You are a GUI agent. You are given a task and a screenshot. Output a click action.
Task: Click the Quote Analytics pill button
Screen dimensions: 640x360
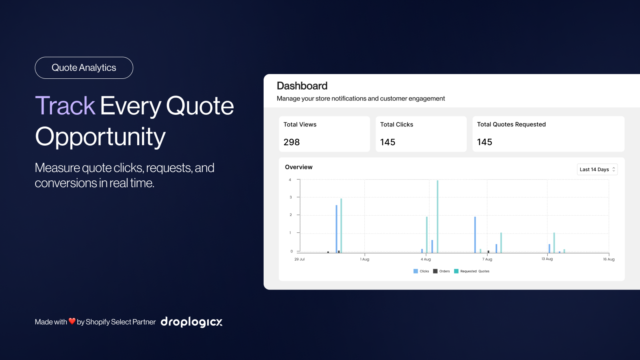coord(84,68)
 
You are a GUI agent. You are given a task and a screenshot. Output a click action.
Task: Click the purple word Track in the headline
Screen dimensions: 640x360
coord(65,106)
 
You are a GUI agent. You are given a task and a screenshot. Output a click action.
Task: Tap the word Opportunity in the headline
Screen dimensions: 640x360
coord(100,137)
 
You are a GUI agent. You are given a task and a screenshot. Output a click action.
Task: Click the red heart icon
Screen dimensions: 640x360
coord(72,321)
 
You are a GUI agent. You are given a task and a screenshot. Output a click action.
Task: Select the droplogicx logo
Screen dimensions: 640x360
coord(192,322)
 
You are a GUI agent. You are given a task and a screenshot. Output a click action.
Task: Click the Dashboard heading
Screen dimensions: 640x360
coord(302,86)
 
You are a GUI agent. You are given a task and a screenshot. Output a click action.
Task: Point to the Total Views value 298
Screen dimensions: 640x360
coord(292,142)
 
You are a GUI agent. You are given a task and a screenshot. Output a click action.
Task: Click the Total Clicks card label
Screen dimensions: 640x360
coord(396,124)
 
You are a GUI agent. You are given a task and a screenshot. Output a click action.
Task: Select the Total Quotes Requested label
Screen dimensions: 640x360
coord(512,124)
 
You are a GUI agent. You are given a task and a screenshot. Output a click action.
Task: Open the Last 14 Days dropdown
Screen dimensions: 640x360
coord(597,170)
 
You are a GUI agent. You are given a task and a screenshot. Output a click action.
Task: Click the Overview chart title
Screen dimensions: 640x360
coord(298,167)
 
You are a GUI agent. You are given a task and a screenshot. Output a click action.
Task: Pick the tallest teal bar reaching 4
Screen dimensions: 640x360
coord(438,216)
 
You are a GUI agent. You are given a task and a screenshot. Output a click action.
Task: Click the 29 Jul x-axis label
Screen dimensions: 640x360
coord(300,259)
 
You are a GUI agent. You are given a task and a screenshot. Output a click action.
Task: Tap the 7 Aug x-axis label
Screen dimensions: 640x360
coord(487,259)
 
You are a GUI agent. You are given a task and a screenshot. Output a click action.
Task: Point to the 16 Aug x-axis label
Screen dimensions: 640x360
coord(608,259)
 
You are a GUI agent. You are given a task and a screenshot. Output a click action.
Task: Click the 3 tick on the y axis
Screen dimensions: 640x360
coord(290,197)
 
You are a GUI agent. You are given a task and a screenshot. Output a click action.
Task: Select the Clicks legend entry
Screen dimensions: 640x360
coord(421,271)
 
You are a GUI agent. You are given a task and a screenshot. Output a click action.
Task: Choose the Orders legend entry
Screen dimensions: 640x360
coord(442,271)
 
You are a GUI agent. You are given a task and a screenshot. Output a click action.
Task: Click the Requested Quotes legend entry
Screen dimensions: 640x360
coord(472,271)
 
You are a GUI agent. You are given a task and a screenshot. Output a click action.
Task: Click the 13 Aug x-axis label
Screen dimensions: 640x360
coord(547,259)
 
